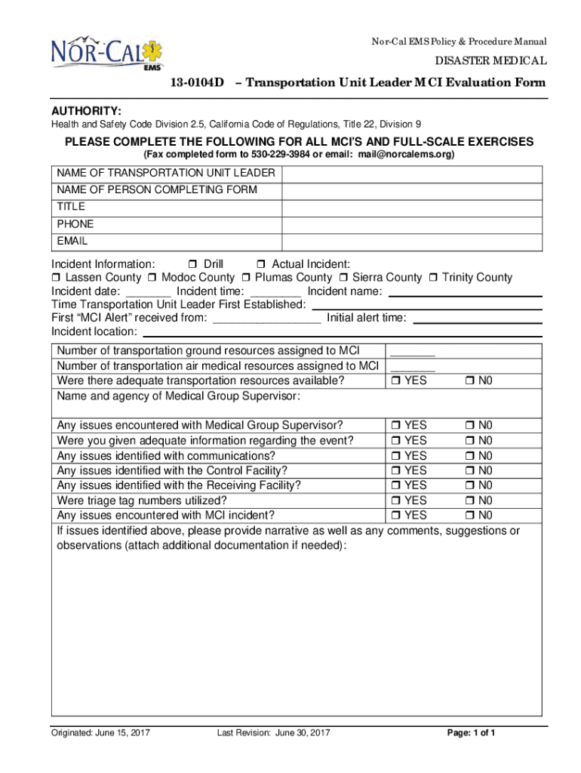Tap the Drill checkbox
192,264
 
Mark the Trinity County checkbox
434,278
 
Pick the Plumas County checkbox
247,278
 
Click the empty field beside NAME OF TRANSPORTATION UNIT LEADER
411,174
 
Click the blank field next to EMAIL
411,242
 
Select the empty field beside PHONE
411,224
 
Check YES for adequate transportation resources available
395,381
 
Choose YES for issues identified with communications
395,456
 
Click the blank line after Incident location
343,332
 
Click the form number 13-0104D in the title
194,83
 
